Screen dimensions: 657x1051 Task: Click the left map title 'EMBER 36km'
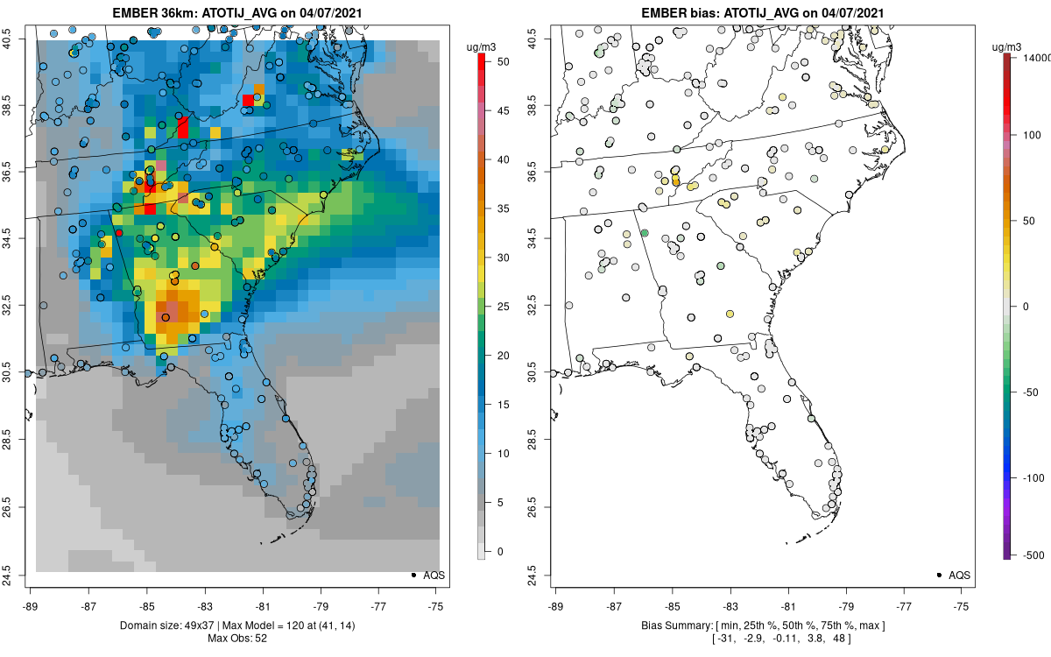149,12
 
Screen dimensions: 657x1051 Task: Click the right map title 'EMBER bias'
680,12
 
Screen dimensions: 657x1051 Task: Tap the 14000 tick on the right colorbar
1034,57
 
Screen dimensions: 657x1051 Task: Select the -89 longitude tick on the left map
32,604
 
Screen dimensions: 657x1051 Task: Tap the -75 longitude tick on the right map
962,604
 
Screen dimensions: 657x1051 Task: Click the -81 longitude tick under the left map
263,604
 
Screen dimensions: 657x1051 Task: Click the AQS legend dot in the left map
413,575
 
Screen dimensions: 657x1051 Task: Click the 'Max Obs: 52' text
236,638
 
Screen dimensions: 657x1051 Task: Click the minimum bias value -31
726,639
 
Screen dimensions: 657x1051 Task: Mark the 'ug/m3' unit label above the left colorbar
483,45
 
